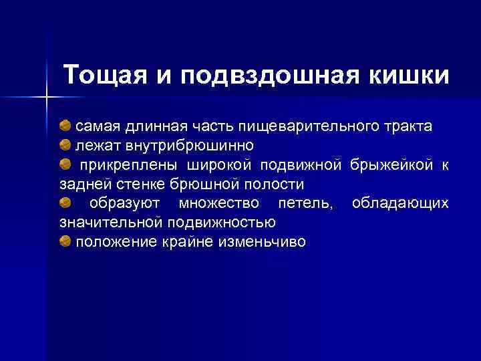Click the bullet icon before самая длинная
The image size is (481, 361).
pyautogui.click(x=65, y=126)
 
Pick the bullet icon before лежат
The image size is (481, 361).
pyautogui.click(x=65, y=145)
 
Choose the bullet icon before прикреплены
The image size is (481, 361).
pyautogui.click(x=65, y=164)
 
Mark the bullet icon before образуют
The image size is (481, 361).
pyautogui.click(x=65, y=203)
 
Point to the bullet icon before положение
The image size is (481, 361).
pyautogui.click(x=65, y=241)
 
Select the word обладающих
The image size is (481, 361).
pyautogui.click(x=400, y=203)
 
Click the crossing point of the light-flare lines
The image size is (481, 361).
pyautogui.click(x=47, y=98)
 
